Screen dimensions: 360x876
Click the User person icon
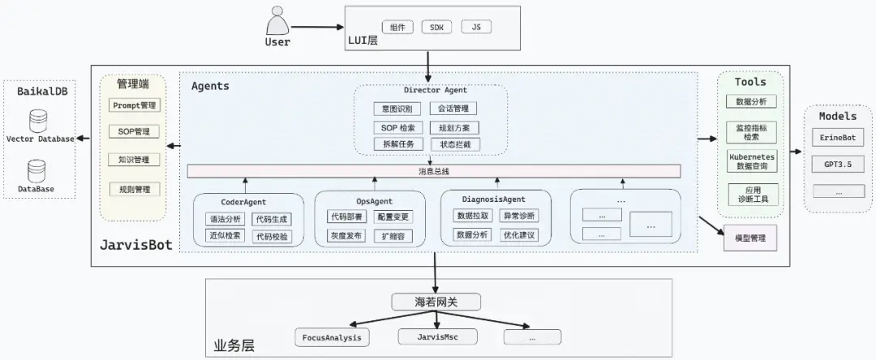[277, 19]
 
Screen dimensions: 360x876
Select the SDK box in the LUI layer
[437, 27]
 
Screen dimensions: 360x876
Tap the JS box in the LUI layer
[476, 27]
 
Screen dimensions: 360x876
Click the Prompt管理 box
[135, 105]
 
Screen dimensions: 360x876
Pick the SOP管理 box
[135, 131]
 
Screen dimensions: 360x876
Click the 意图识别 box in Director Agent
[397, 108]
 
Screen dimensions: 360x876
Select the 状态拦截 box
[454, 144]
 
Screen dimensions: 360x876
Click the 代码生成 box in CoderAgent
[270, 219]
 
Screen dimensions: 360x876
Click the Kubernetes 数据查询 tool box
[753, 160]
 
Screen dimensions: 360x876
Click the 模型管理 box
[749, 238]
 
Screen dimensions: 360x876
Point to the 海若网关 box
[436, 302]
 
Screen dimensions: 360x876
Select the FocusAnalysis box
[332, 336]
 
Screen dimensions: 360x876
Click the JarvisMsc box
[438, 336]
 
